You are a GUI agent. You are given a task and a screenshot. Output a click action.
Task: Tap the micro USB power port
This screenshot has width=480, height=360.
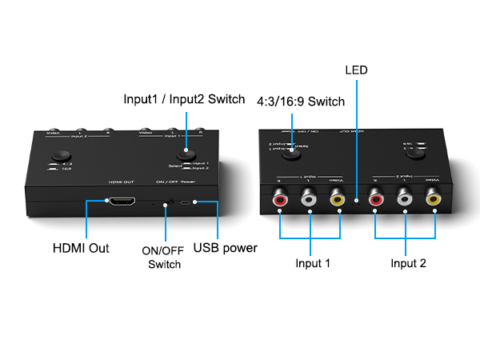pyautogui.click(x=186, y=203)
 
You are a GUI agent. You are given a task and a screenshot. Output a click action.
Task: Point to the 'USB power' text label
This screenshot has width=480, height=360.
pyautogui.click(x=226, y=248)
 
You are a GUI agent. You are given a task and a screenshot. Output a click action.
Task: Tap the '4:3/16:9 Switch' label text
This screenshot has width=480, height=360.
pyautogui.click(x=301, y=102)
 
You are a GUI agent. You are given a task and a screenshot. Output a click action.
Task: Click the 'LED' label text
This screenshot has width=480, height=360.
pyautogui.click(x=356, y=70)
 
